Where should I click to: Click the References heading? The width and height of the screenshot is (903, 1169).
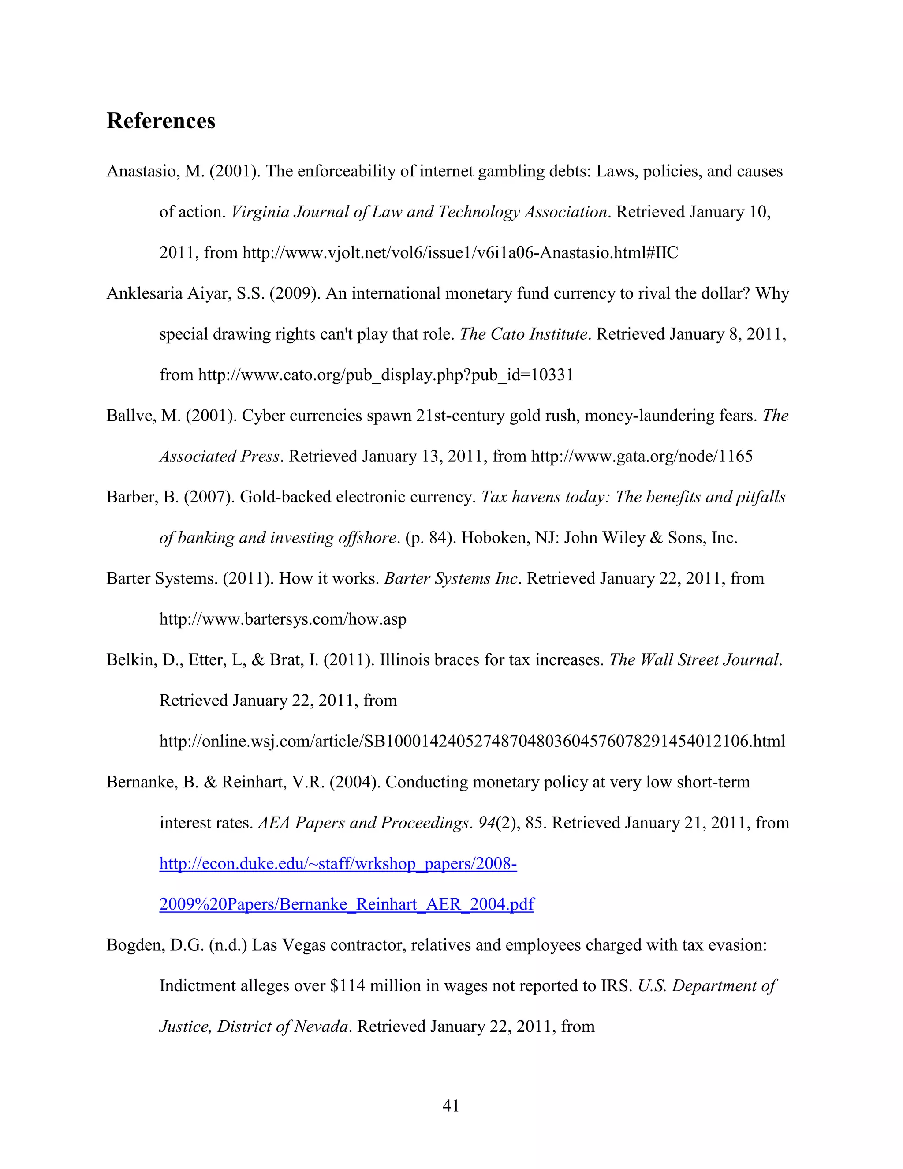tap(161, 121)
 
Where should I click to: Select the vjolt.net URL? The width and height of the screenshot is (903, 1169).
tap(460, 253)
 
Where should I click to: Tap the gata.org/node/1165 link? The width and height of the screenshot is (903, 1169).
tap(642, 456)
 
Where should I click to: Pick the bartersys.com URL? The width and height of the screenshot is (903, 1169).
tap(283, 619)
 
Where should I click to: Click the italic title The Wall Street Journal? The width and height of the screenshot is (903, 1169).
tap(694, 660)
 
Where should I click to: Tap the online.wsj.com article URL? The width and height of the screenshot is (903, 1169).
tap(472, 742)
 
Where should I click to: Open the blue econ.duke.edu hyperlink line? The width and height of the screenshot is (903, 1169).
tap(338, 863)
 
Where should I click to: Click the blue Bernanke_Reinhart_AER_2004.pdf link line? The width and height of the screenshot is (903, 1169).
tap(347, 904)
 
